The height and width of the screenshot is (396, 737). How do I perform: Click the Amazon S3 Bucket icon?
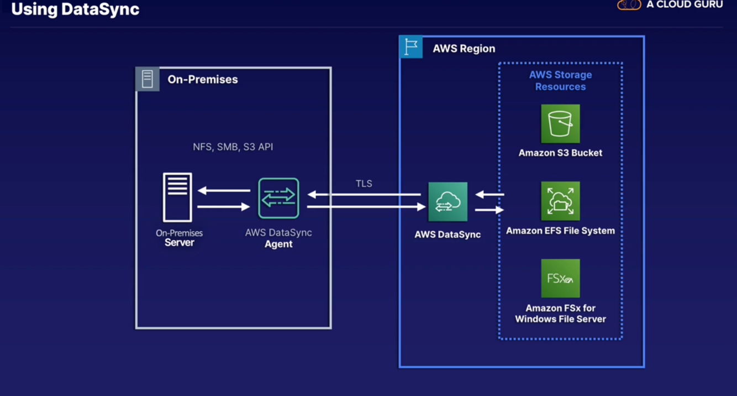560,123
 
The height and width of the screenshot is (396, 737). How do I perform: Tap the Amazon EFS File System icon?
560,201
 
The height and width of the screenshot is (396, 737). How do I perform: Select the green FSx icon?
560,278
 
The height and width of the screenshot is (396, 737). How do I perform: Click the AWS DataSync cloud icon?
448,202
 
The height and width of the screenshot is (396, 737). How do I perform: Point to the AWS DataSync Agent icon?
278,198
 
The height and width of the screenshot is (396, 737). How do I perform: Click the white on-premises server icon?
177,197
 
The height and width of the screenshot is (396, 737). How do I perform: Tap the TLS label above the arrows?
364,184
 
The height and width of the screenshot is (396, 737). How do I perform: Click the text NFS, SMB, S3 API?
233,147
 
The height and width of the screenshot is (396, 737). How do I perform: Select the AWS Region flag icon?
410,47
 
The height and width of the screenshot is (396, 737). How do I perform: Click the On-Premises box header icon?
148,79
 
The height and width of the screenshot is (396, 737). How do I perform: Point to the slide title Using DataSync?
75,9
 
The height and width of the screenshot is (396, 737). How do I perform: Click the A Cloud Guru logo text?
685,4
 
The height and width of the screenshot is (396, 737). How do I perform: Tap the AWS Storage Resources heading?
560,81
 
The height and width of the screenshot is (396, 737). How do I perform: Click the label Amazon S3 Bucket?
560,153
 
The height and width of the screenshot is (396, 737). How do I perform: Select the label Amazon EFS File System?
560,231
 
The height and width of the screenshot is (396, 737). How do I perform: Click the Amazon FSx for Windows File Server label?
560,313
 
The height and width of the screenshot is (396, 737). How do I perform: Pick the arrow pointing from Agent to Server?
224,190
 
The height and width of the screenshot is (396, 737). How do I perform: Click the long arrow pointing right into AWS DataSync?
366,207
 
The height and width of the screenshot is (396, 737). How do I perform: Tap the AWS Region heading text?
464,49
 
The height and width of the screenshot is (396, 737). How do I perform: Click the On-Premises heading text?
203,80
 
